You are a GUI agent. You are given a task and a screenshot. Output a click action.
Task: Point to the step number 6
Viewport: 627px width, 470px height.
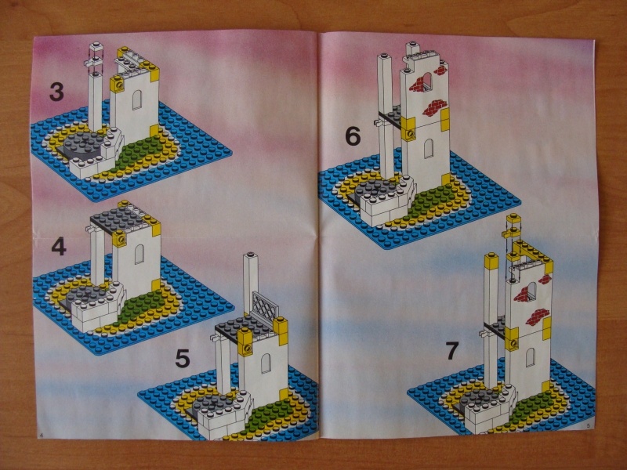coord(353,136)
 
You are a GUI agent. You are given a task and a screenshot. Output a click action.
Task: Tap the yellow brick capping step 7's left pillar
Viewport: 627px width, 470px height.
coord(491,262)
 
